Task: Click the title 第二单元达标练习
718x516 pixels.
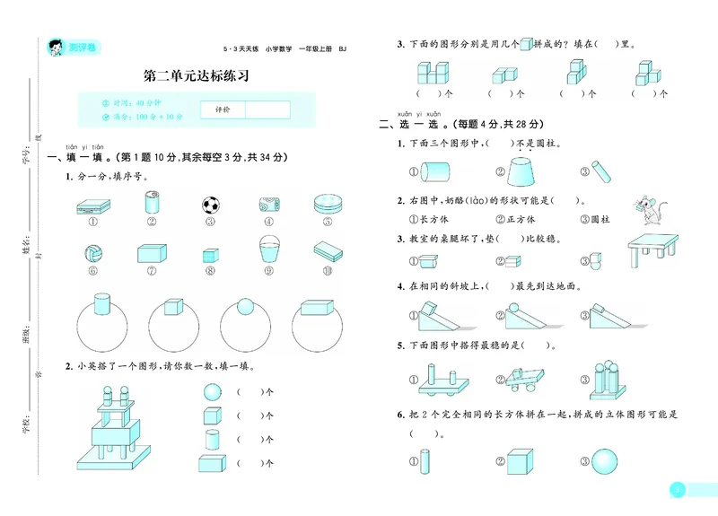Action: click(196, 76)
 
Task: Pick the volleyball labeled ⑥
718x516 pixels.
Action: click(94, 253)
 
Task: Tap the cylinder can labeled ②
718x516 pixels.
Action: click(152, 202)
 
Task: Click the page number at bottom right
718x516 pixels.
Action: click(679, 490)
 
